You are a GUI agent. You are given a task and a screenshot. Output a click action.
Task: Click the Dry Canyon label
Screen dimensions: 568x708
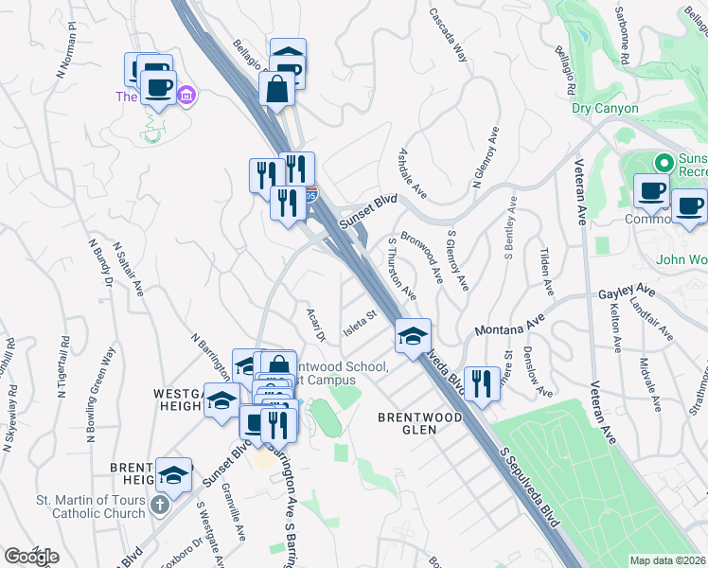[605, 109]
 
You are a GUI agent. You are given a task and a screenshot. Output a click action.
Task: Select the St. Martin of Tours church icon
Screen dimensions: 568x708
[159, 505]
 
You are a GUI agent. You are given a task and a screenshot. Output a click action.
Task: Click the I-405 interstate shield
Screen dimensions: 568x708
[312, 195]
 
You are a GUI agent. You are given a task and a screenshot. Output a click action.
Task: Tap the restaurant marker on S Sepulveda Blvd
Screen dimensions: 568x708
[482, 383]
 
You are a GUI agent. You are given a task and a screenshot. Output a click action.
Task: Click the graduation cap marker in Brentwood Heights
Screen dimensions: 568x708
[173, 475]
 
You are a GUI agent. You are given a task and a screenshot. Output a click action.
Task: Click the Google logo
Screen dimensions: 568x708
[31, 556]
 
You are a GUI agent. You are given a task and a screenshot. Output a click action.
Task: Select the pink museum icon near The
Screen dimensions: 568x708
[186, 96]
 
